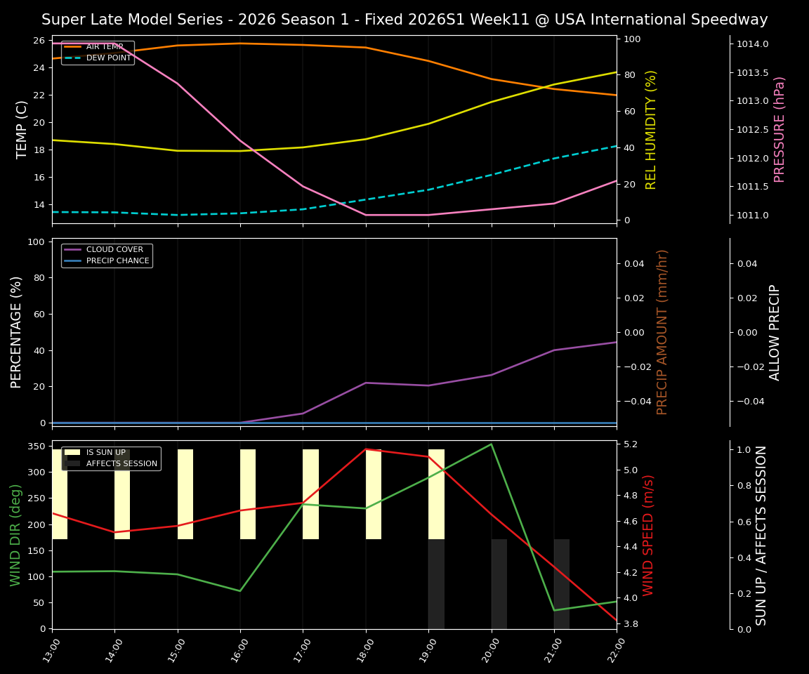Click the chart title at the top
pos(404,20)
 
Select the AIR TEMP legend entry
pos(105,46)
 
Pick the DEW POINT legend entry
pos(108,58)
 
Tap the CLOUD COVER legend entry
pos(114,249)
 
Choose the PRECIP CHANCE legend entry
pos(117,260)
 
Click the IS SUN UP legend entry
pos(105,453)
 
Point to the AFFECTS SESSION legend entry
pos(121,463)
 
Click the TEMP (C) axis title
pos(22,129)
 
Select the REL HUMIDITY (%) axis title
pos(651,129)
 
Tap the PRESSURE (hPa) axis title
pos(780,129)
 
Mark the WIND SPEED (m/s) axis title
pos(648,535)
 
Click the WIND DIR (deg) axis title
pos(15,535)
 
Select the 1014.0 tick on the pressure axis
pos(752,44)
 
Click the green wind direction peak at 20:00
pos(491,444)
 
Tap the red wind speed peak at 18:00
pos(365,449)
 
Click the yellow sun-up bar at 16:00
pos(248,494)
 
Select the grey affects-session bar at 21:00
pos(562,584)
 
